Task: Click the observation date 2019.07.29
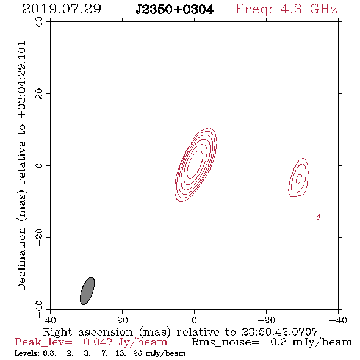pyautogui.click(x=62, y=9)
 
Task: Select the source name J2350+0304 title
pyautogui.click(x=175, y=10)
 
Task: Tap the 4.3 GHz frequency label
pyautogui.click(x=309, y=9)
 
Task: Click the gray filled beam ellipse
pyautogui.click(x=87, y=291)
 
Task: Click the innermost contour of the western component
pyautogui.click(x=299, y=179)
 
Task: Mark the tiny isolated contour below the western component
pyautogui.click(x=319, y=217)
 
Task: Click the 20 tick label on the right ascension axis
pyautogui.click(x=122, y=320)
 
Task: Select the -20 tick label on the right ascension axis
pyautogui.click(x=266, y=320)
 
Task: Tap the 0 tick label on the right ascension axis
pyautogui.click(x=194, y=320)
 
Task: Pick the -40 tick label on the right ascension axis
pyautogui.click(x=338, y=320)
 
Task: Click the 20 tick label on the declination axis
pyautogui.click(x=39, y=94)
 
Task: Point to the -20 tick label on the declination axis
pyautogui.click(x=39, y=237)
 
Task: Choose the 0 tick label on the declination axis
pyautogui.click(x=39, y=165)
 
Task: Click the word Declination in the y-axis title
pyautogui.click(x=21, y=259)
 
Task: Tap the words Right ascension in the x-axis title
pyautogui.click(x=88, y=332)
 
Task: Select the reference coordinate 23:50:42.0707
pyautogui.click(x=279, y=332)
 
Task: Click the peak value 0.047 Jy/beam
pyautogui.click(x=125, y=342)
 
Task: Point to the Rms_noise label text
pyautogui.click(x=225, y=342)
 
